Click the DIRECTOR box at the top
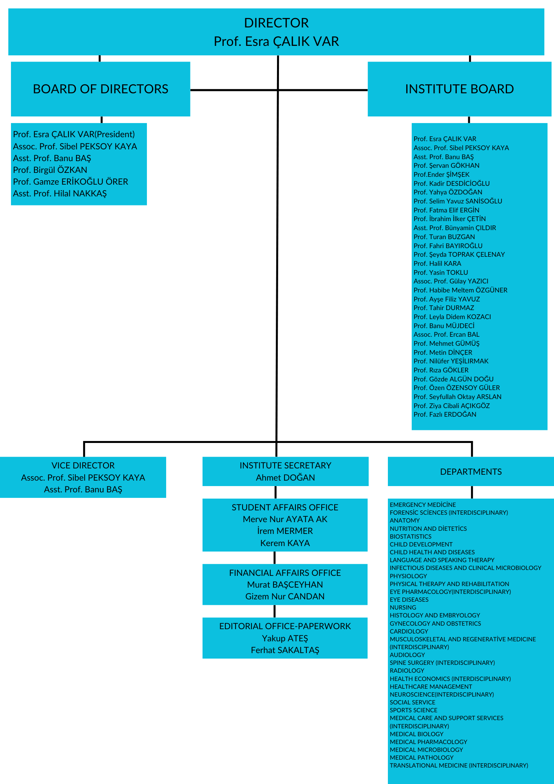(276, 32)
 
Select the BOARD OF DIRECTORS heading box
(100, 89)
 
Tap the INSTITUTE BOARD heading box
(459, 89)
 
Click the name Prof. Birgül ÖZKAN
(50, 170)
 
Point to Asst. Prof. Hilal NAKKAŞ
(60, 193)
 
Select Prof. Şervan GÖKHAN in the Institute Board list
(446, 165)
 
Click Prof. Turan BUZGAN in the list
(444, 237)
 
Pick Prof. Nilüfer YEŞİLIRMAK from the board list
(451, 361)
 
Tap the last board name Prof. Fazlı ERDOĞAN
(445, 414)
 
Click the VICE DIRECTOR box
(83, 477)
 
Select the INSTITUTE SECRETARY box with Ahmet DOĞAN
(285, 471)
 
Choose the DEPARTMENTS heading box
(471, 472)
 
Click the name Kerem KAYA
(285, 543)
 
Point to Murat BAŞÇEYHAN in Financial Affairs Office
(285, 584)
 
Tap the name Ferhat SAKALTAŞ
(285, 650)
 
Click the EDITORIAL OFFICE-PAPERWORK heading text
(285, 626)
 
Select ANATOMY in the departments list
(405, 521)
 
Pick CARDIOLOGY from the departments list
(409, 631)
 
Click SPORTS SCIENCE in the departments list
(413, 710)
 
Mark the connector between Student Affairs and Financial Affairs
(274, 557)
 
